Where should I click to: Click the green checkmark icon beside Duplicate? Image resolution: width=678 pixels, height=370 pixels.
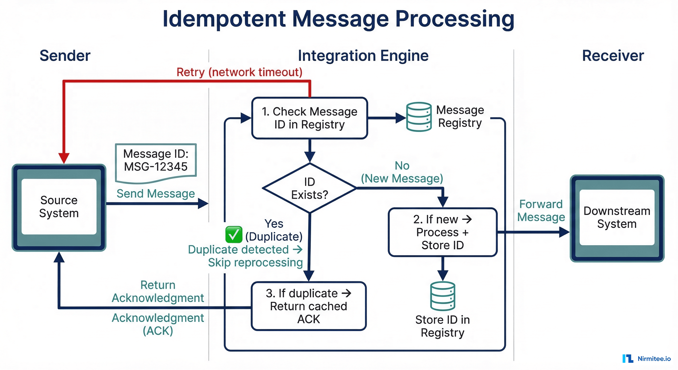click(x=234, y=235)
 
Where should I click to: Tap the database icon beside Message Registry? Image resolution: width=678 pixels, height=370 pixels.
click(x=419, y=117)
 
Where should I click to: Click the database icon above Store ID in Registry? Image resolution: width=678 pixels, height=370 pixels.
click(x=443, y=296)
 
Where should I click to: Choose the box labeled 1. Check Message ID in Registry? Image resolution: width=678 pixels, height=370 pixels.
click(x=310, y=118)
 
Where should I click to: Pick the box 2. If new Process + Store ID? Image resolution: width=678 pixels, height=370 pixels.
click(x=443, y=232)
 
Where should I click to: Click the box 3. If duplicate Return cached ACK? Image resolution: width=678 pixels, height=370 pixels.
click(x=309, y=306)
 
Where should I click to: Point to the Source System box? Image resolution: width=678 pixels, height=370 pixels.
click(x=59, y=207)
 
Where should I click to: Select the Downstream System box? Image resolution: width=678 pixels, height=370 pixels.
click(x=617, y=218)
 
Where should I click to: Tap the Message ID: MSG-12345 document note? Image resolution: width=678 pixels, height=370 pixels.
click(x=156, y=162)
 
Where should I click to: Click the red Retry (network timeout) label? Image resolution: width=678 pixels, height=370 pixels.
click(x=239, y=72)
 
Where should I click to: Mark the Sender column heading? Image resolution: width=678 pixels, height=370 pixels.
click(x=65, y=56)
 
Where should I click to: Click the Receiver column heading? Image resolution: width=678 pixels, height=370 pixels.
click(x=613, y=56)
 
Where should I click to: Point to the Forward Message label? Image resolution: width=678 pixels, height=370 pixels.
click(x=541, y=211)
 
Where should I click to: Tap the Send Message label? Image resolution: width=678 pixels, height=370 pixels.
click(x=156, y=194)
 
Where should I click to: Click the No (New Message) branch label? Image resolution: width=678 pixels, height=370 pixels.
click(x=402, y=172)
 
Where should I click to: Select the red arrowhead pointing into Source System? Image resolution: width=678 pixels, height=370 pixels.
click(x=64, y=158)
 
